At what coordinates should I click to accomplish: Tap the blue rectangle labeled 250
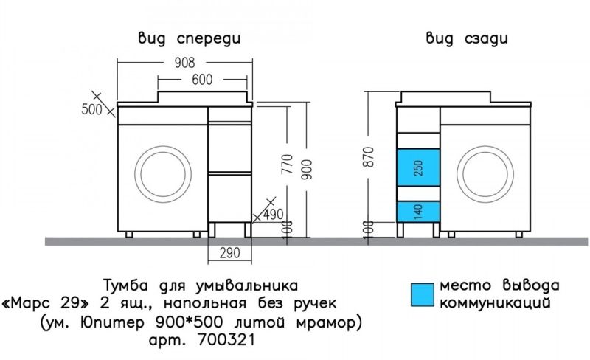(418, 167)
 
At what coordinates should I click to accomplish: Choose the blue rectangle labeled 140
(418, 211)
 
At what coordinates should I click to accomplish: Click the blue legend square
(422, 293)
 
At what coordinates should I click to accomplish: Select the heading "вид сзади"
(465, 38)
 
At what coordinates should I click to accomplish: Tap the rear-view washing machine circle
(487, 175)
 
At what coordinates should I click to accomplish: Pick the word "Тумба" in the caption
(125, 284)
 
